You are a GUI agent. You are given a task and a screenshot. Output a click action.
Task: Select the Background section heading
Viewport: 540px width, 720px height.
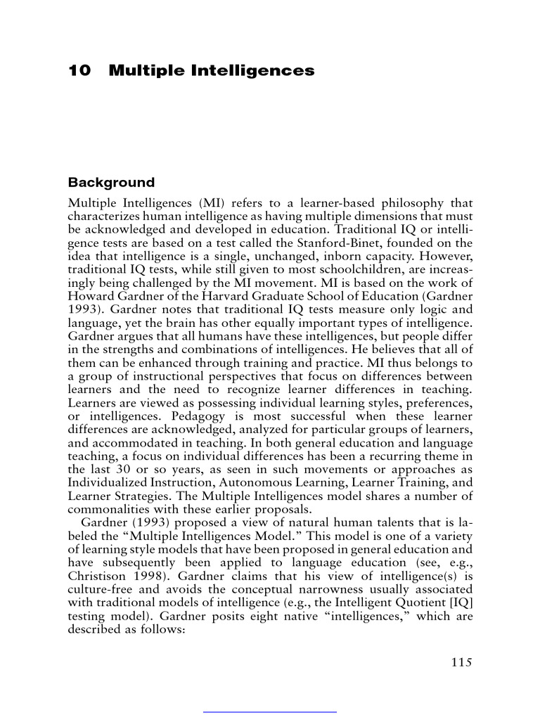click(111, 183)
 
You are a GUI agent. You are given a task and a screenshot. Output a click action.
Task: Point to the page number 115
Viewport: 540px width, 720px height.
click(459, 662)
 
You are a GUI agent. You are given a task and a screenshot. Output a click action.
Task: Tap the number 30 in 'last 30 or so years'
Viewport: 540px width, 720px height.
click(123, 469)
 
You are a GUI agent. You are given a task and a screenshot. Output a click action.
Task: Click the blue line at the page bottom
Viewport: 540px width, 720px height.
click(270, 712)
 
